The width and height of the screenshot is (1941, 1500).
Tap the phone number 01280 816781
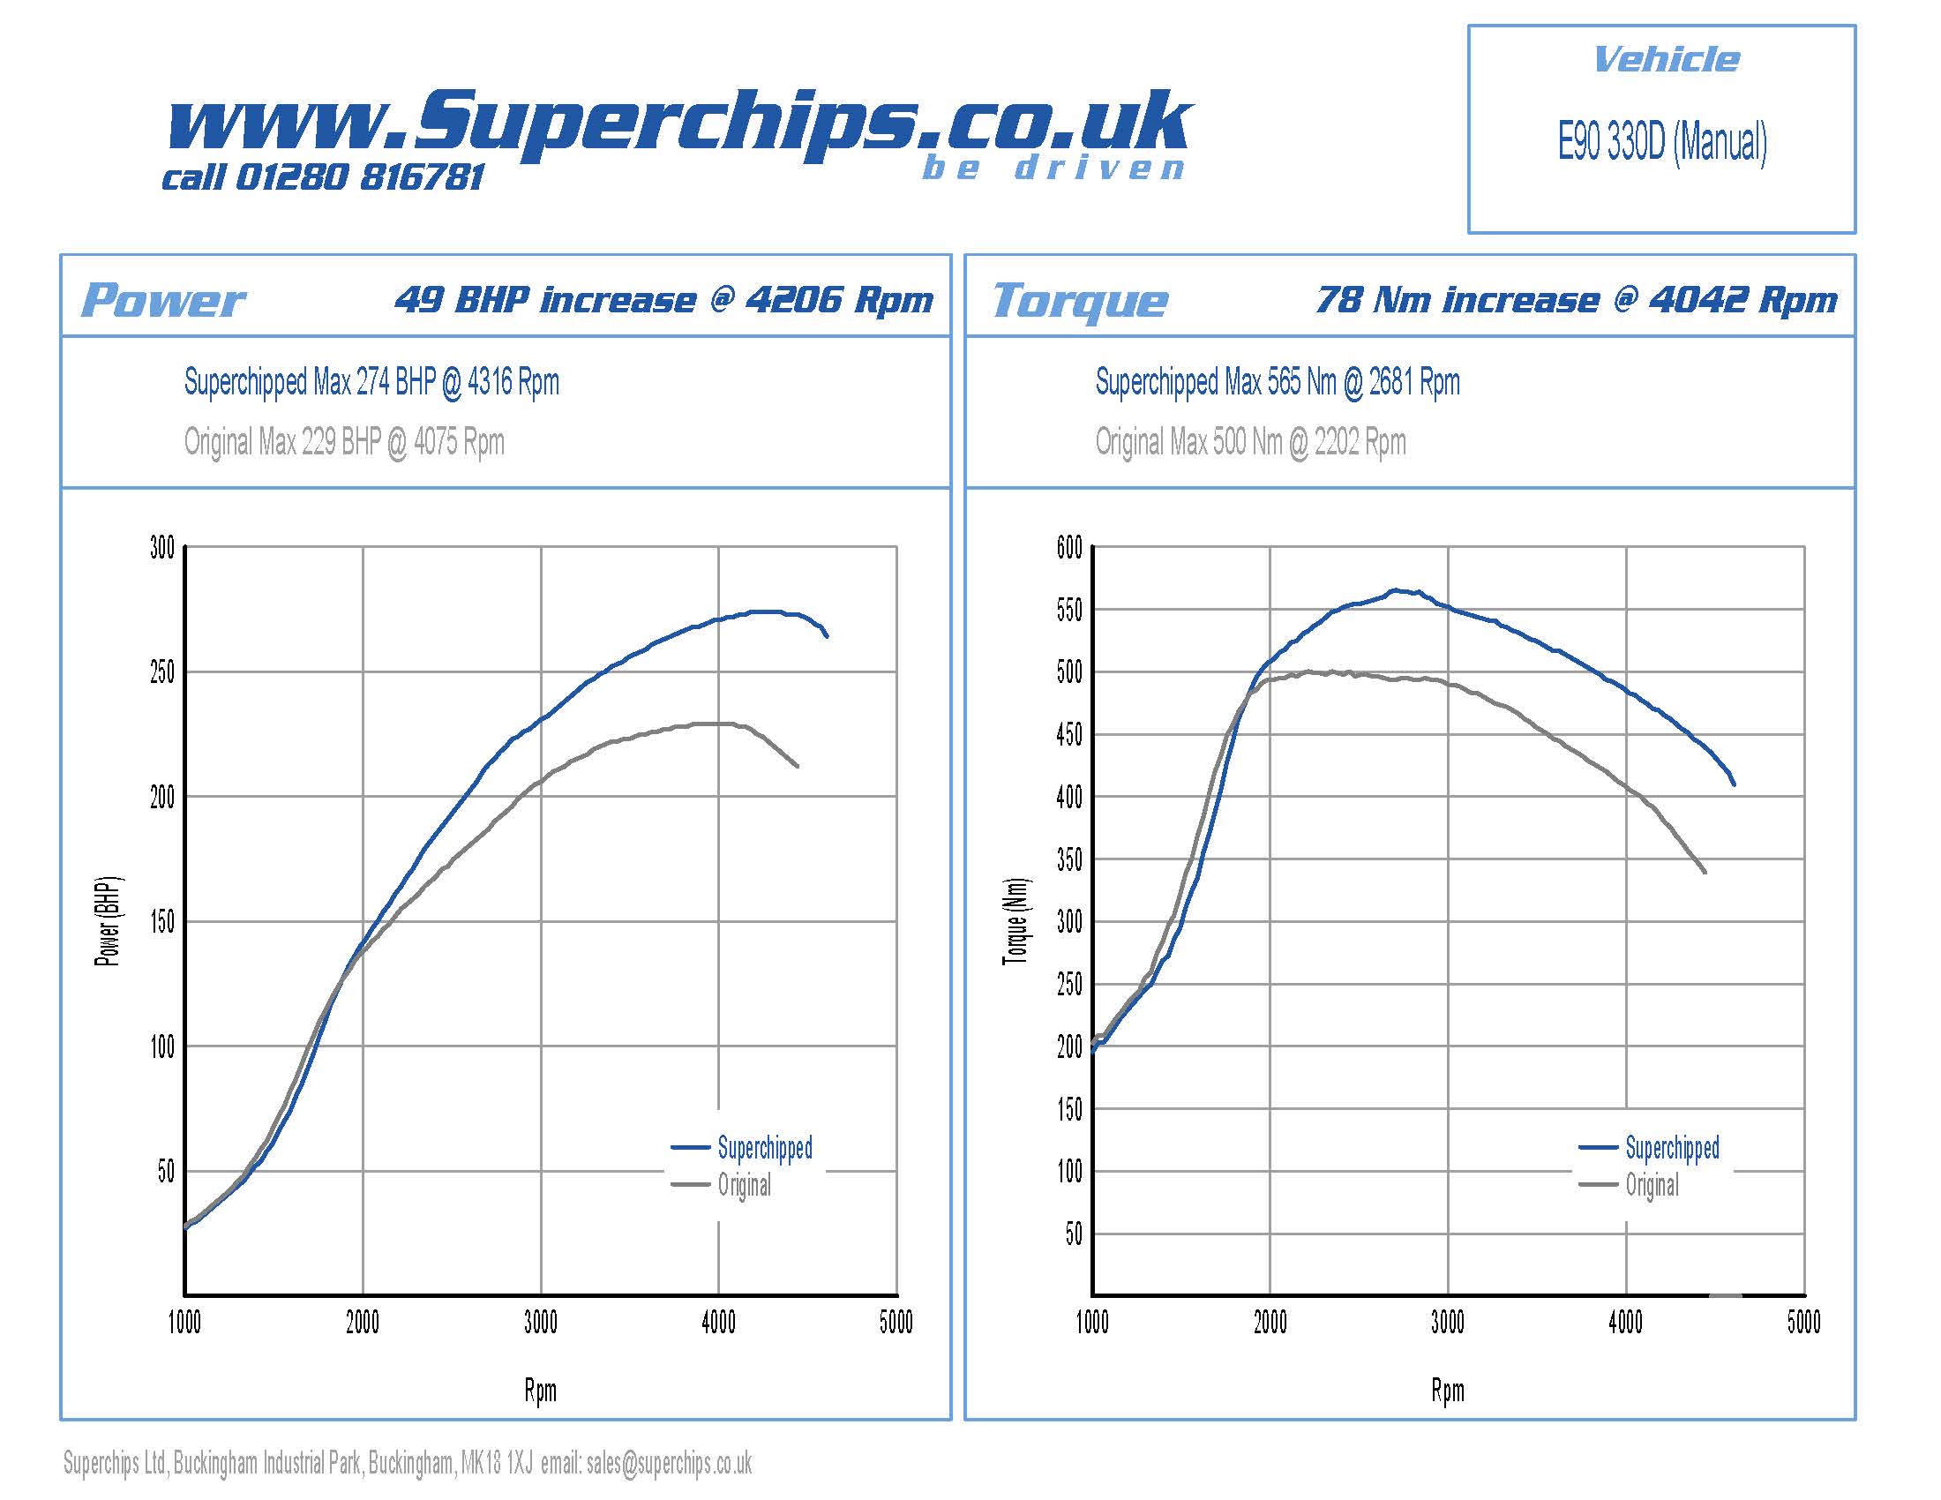click(x=359, y=177)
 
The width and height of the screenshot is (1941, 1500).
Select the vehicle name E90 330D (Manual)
click(x=1661, y=142)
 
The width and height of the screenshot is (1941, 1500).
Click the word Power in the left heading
click(x=163, y=300)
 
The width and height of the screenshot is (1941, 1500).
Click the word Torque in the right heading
click(x=1080, y=300)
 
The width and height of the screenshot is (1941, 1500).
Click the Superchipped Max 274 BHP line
click(x=371, y=382)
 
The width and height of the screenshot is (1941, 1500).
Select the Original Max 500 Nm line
click(x=1249, y=442)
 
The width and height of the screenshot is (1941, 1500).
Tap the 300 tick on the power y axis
click(x=162, y=547)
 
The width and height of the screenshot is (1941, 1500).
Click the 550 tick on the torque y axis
click(x=1069, y=611)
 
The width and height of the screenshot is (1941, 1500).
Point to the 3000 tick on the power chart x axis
click(x=540, y=1323)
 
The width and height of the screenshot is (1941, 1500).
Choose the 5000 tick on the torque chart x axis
click(x=1803, y=1323)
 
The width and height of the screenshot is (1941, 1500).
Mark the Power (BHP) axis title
click(x=108, y=921)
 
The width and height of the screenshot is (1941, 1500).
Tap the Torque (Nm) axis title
click(x=1015, y=921)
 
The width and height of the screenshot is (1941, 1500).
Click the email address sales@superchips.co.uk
click(x=669, y=1463)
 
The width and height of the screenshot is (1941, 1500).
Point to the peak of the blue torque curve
click(x=1396, y=590)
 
